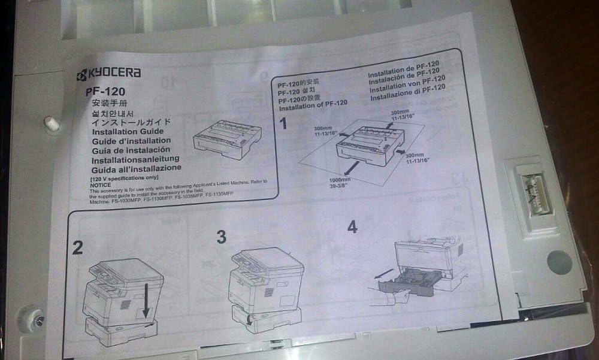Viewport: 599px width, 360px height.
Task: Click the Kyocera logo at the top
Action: click(x=108, y=74)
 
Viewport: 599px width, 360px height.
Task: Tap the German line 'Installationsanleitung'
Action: click(x=135, y=159)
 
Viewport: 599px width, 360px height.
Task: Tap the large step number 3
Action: click(x=221, y=237)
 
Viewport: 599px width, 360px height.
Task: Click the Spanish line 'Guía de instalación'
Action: click(x=131, y=149)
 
